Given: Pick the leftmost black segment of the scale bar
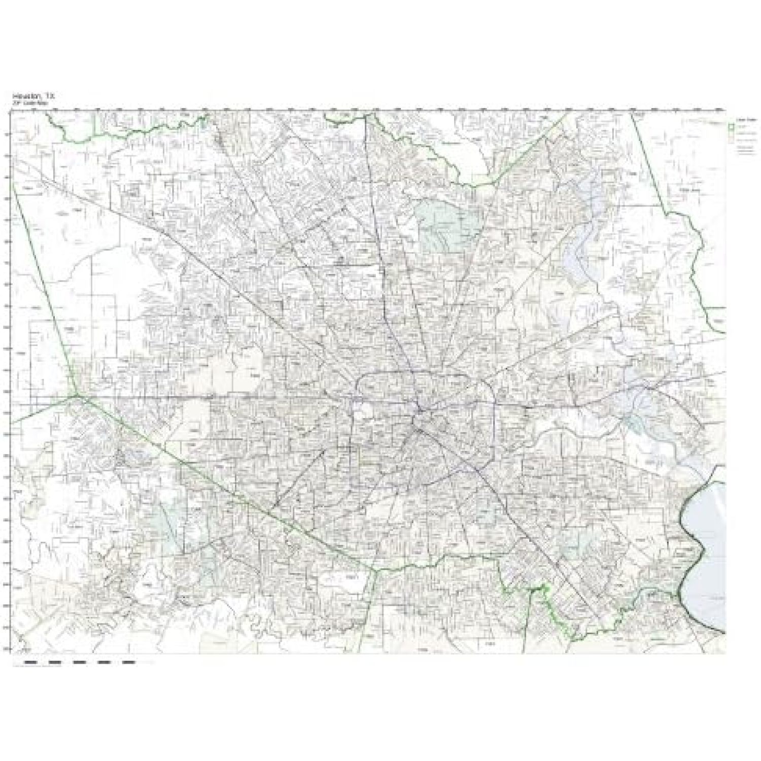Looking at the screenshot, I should (x=31, y=662).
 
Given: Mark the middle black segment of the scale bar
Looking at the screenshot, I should (x=80, y=662).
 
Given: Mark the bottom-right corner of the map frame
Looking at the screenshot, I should (x=725, y=653).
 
